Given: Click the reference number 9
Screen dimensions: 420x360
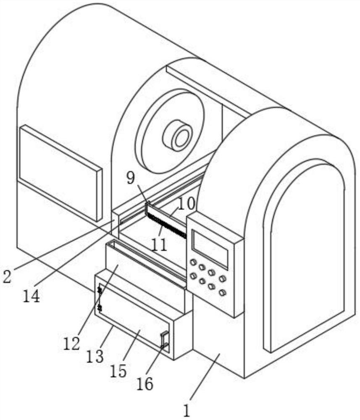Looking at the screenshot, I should [x=131, y=178].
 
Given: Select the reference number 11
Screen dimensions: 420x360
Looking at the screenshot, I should [x=160, y=244].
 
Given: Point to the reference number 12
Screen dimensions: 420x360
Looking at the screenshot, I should [x=72, y=343].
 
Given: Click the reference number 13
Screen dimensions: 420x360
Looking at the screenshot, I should [x=95, y=356].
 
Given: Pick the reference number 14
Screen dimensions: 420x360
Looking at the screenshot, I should [x=32, y=296].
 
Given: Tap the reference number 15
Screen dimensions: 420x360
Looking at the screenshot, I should [x=119, y=370].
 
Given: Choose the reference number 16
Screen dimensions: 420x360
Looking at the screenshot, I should [x=145, y=383].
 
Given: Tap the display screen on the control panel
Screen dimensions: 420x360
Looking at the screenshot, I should [x=210, y=249].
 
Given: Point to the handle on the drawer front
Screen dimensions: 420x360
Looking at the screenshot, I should [x=165, y=339].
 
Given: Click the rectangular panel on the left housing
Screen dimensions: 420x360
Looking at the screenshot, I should [x=60, y=172].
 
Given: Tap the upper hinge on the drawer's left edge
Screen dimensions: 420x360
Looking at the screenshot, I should [x=100, y=289].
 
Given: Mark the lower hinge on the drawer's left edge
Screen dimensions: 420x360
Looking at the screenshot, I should [x=100, y=308].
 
